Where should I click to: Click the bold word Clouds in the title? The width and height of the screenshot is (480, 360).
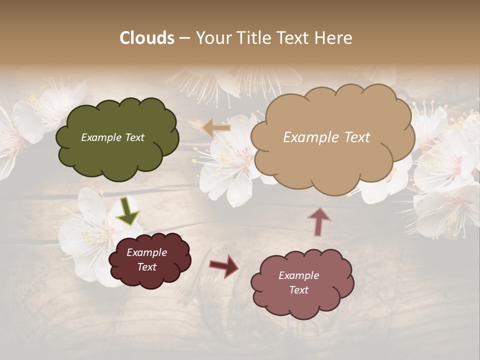[x=147, y=38]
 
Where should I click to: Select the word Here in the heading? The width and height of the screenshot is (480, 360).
[x=335, y=38]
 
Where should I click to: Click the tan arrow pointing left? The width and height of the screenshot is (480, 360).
[x=216, y=128]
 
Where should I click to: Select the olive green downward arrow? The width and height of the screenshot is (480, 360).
[x=127, y=211]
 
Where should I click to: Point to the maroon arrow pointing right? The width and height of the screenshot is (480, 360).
[x=224, y=265]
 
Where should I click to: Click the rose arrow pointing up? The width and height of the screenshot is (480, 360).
[x=319, y=221]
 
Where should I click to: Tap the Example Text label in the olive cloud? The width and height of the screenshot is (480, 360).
[x=112, y=137]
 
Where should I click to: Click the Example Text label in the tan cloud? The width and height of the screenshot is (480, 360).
[x=326, y=137]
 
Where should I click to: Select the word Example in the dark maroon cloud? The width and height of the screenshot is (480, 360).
[x=146, y=252]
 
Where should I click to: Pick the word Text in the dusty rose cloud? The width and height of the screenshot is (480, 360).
[x=298, y=290]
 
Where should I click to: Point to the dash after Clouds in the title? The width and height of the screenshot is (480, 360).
[x=184, y=38]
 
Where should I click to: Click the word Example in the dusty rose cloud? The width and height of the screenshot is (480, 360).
[x=298, y=275]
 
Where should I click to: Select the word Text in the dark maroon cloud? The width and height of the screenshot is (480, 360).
[x=146, y=267]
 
